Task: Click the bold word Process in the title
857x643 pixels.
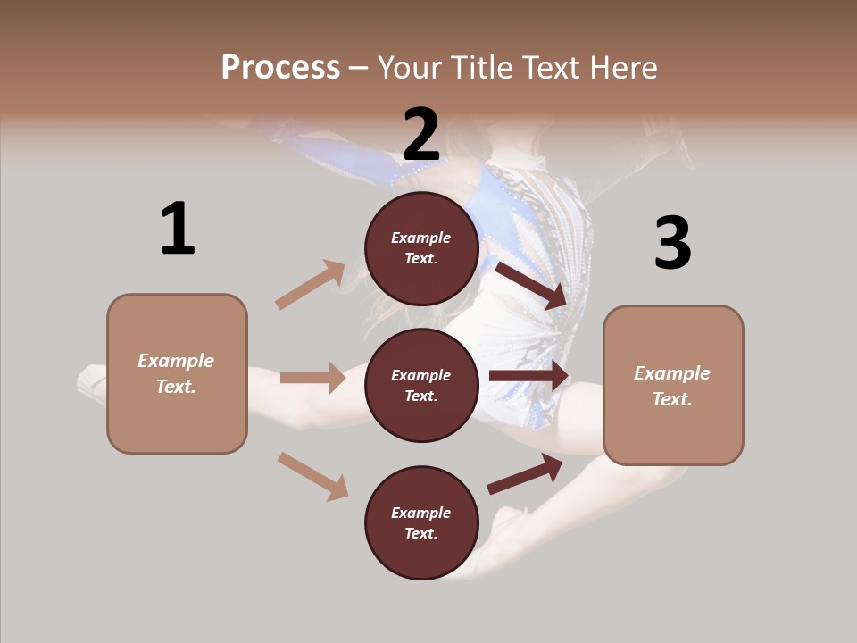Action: coord(280,68)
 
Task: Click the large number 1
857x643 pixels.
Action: coord(178,230)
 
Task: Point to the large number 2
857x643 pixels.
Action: coord(421,135)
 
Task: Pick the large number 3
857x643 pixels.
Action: coord(672,243)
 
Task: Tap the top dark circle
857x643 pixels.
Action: coord(421,248)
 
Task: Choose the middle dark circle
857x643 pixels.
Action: coord(421,385)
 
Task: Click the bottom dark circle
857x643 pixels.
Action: coord(421,522)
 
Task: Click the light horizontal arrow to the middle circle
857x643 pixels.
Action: coord(312,378)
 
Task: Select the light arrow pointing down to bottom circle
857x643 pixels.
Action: coord(312,475)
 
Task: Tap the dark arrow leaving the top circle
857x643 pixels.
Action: coord(531,285)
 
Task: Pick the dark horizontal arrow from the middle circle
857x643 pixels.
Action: coord(528,376)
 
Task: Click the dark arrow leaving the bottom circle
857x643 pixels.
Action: coord(525,474)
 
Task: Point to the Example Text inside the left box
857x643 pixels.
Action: coord(176,373)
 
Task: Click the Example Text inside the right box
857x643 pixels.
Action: coord(672,386)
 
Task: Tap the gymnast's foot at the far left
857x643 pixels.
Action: coord(90,382)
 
